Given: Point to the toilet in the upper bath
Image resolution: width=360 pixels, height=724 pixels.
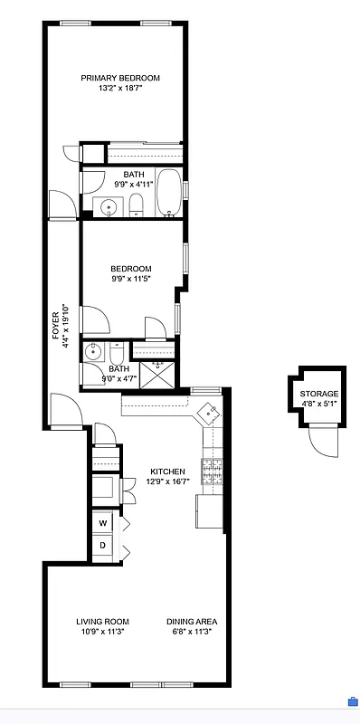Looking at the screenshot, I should (135, 206).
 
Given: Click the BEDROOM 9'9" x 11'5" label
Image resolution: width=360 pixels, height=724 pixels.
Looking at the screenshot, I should (130, 269).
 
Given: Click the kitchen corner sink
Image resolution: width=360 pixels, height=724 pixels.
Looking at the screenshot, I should (209, 413).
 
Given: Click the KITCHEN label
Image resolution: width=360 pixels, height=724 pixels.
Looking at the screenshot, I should (167, 472).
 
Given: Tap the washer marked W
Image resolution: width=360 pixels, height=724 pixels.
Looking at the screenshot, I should (103, 523).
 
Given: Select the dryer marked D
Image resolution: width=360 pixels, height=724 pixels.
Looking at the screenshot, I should (103, 545).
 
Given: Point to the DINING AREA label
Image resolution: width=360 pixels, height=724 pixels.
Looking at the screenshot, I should (191, 622).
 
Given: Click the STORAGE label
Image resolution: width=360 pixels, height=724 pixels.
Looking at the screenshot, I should (318, 394).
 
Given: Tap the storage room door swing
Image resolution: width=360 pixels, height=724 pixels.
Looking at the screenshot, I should (321, 442).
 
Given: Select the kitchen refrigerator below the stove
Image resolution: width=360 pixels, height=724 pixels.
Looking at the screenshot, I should (207, 513).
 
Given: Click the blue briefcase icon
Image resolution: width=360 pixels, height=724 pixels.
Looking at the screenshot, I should (351, 701).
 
